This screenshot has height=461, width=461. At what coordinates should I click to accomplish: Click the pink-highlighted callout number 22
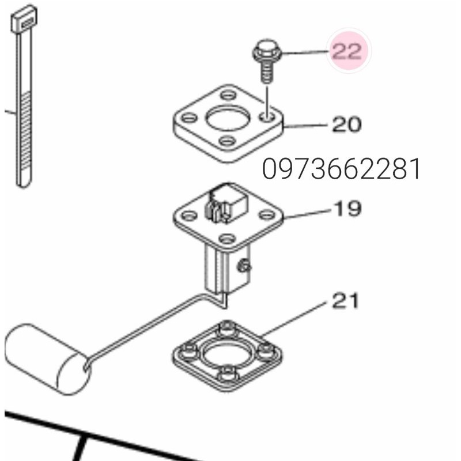click(347, 51)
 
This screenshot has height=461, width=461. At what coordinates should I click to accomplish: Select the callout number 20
click(347, 124)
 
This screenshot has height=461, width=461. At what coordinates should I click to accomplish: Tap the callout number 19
click(347, 208)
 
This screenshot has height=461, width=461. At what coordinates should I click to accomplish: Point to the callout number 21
click(346, 300)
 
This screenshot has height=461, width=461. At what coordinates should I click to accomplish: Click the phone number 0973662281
click(341, 168)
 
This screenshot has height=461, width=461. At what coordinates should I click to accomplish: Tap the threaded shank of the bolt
click(267, 71)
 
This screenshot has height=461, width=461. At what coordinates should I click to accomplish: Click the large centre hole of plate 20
click(228, 118)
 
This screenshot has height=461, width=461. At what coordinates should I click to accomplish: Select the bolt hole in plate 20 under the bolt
click(267, 118)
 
